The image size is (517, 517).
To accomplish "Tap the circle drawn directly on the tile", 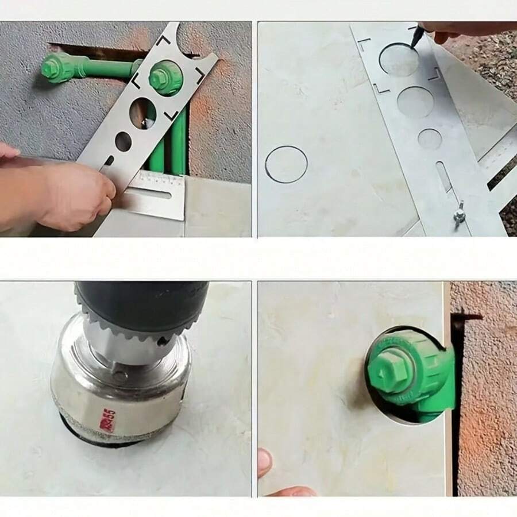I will (x=286, y=164).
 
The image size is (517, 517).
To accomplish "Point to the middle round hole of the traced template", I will (x=415, y=102).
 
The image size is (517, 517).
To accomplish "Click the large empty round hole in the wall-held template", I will (x=142, y=113).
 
